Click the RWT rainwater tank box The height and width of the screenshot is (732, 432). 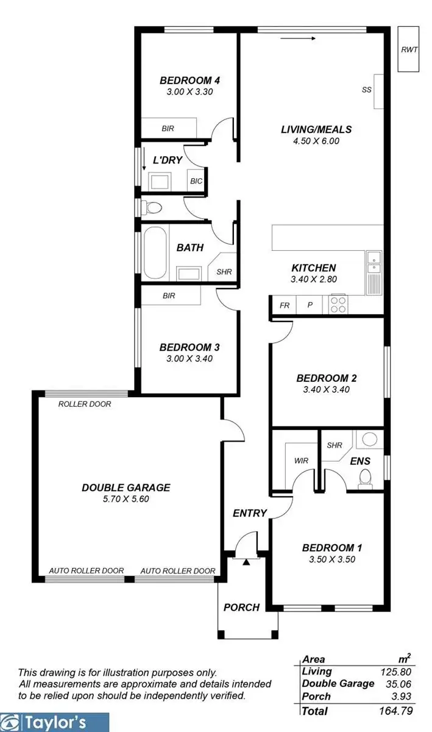click(x=409, y=49)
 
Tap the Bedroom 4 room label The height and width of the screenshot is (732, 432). click(x=189, y=80)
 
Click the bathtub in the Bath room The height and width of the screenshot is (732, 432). click(x=156, y=252)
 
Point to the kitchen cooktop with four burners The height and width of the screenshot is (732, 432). click(x=337, y=303)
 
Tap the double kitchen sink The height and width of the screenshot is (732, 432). click(x=374, y=261)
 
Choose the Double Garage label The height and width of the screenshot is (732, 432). click(x=126, y=487)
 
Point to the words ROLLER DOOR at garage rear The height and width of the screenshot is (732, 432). click(x=84, y=404)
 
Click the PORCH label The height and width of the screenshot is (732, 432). click(x=241, y=607)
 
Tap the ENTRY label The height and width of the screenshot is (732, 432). click(x=250, y=513)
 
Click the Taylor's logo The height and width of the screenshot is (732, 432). click(x=55, y=723)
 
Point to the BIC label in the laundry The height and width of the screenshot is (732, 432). click(x=196, y=181)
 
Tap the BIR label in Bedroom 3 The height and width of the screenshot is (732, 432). click(x=169, y=296)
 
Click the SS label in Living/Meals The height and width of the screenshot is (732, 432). click(x=366, y=90)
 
